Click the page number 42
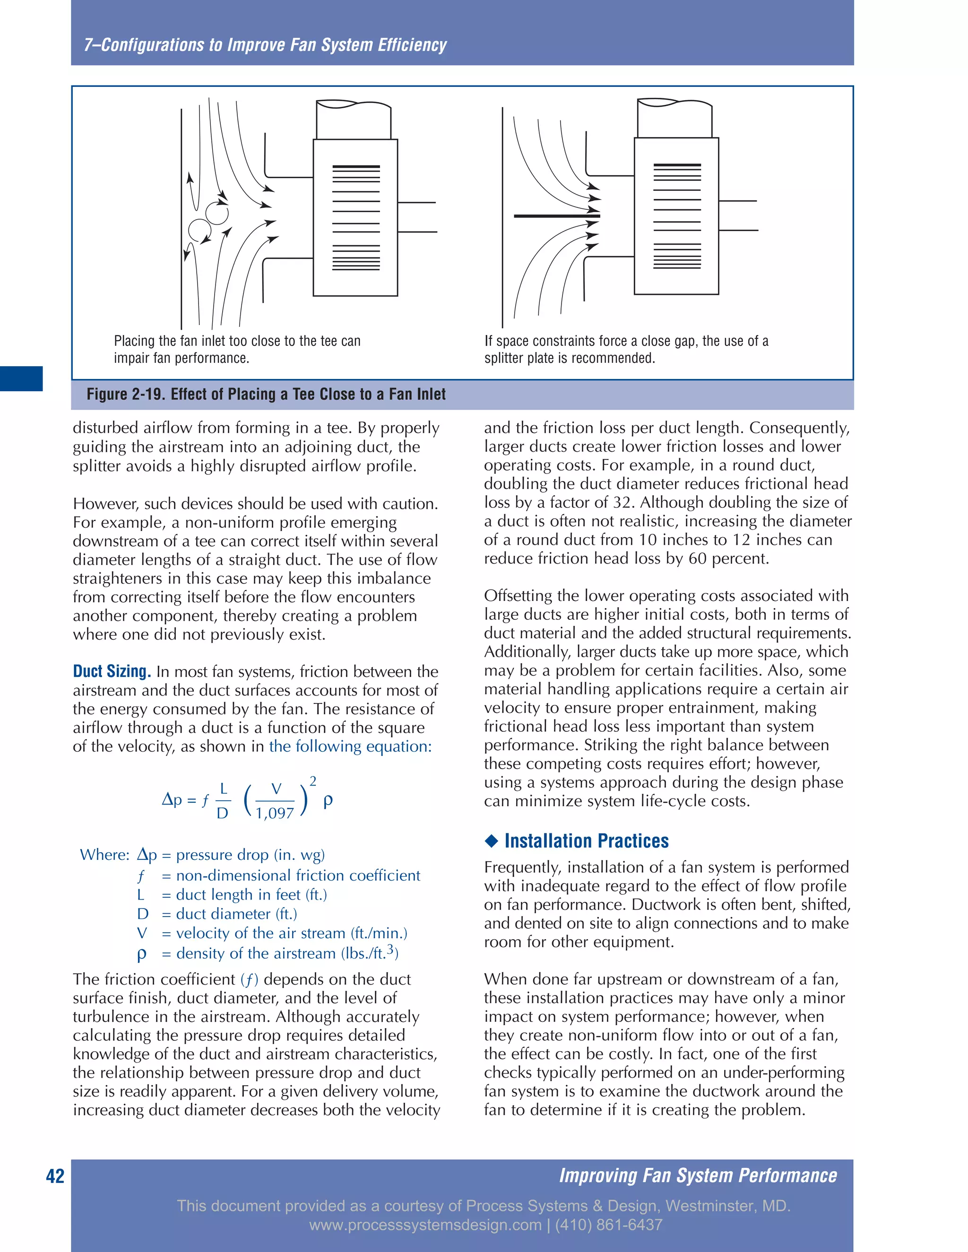55,1176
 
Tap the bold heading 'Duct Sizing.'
112,671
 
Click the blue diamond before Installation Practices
492,841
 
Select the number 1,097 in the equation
275,813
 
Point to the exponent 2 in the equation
313,781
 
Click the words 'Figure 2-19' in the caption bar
124,394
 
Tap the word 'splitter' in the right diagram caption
503,358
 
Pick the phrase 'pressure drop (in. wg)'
250,855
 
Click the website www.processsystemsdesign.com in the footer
425,1225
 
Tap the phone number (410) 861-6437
608,1225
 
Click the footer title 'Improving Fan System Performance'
698,1175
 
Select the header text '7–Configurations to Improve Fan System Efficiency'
265,45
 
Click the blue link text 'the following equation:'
350,746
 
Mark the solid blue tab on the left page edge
21,378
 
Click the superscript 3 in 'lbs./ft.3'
390,949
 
